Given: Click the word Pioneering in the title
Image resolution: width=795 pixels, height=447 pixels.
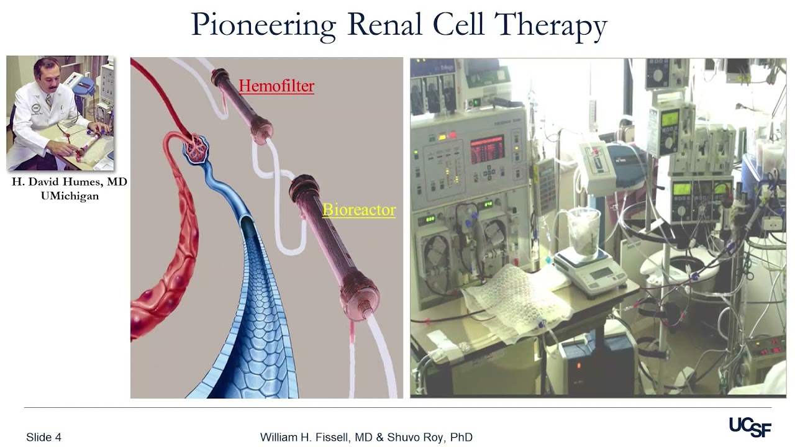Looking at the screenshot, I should pos(263,25).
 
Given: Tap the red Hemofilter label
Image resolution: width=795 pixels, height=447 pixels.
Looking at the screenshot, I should pos(276,86).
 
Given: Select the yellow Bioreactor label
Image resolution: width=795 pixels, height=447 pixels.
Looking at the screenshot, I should pos(359,210).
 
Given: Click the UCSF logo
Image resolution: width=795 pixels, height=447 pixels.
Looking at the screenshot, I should pos(750,427).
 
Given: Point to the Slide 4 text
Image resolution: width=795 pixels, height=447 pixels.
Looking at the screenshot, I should pos(43,437).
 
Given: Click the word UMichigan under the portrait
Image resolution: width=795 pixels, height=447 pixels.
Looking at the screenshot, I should pos(69,196).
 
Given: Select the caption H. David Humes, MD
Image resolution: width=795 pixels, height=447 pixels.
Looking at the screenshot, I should pos(69,183).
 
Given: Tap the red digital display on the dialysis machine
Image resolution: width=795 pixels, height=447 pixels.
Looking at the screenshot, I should pos(487,150).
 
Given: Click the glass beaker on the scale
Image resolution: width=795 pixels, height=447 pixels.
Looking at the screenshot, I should pos(584,230).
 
